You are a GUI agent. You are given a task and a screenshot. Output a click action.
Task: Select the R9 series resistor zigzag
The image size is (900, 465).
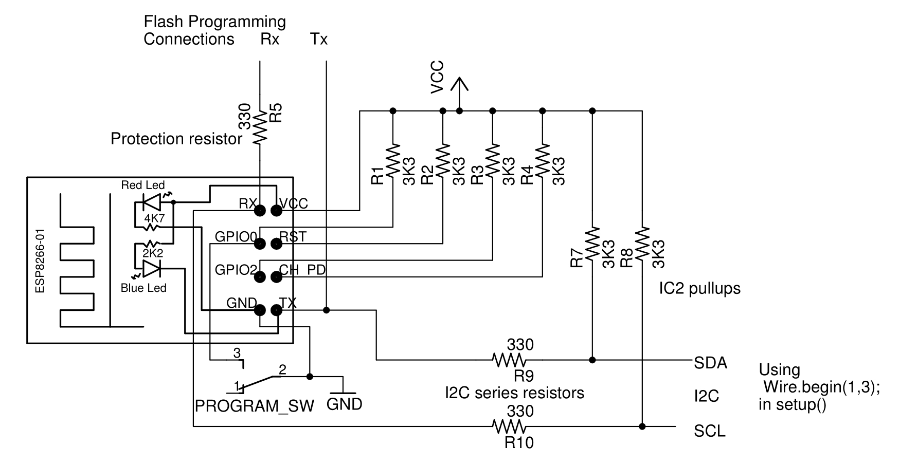pyautogui.click(x=509, y=360)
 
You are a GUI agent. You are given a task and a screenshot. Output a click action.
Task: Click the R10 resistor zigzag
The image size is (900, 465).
pyautogui.click(x=509, y=426)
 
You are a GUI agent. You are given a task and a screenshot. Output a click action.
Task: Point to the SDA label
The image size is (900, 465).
pyautogui.click(x=710, y=363)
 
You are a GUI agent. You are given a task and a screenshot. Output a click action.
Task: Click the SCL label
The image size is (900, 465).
pyautogui.click(x=709, y=431)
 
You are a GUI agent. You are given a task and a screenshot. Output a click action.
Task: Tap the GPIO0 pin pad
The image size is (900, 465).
pyautogui.click(x=260, y=244)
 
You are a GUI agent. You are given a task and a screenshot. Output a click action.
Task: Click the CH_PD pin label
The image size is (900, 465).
pyautogui.click(x=302, y=270)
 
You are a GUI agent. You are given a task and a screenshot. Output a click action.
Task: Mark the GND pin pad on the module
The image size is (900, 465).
pyautogui.click(x=260, y=310)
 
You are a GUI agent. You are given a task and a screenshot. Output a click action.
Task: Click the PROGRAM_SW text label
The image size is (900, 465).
pyautogui.click(x=254, y=406)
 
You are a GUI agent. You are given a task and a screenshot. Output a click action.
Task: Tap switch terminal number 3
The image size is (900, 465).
pyautogui.click(x=237, y=353)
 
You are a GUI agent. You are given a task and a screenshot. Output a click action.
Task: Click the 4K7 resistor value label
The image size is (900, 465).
pyautogui.click(x=154, y=217)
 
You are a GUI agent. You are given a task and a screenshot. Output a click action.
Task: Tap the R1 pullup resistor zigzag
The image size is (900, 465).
pyautogui.click(x=393, y=161)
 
